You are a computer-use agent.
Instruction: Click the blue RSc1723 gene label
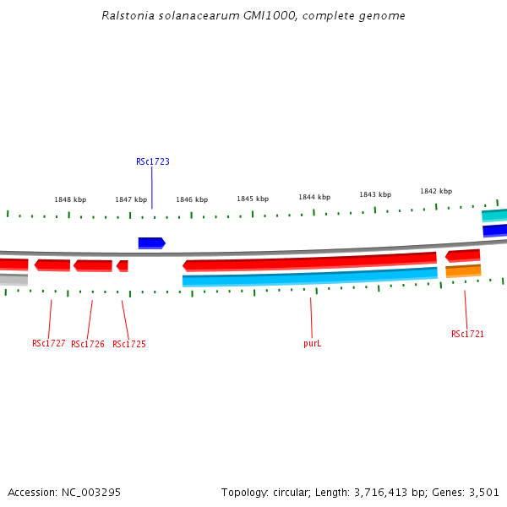pos(153,161)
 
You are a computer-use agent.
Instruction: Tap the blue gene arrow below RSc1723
pos(151,243)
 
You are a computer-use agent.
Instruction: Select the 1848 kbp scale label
pos(70,200)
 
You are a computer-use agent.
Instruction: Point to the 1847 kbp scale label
pos(131,200)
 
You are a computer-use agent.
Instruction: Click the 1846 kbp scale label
pos(192,200)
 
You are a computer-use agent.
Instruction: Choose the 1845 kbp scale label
pos(253,199)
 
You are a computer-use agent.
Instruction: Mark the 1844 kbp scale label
pos(313,197)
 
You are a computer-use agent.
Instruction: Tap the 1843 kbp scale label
pos(374,194)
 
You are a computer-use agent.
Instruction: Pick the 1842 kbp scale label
pos(436,191)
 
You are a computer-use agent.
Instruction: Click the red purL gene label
pos(313,344)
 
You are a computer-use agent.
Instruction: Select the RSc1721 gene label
pos(467,335)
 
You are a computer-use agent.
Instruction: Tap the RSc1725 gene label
pos(129,345)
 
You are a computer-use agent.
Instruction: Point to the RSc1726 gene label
pos(88,345)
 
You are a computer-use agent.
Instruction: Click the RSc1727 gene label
pos(49,343)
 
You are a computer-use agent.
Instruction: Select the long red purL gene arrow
pos(309,262)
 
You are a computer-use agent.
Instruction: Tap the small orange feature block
pos(463,271)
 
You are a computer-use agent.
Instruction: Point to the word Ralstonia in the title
pos(123,16)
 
